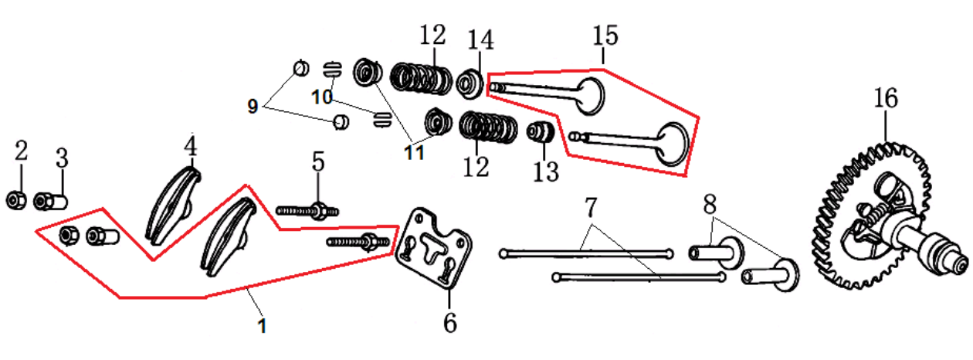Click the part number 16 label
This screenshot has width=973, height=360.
[x=886, y=98]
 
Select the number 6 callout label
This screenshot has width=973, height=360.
[x=449, y=321]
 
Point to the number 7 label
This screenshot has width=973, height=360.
[x=591, y=207]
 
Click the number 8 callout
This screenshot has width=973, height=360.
[x=710, y=204]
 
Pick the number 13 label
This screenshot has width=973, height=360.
[x=546, y=171]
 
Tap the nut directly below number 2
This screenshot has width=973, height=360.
[x=15, y=201]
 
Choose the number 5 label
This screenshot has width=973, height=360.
[x=317, y=161]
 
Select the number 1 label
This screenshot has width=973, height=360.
[x=262, y=326]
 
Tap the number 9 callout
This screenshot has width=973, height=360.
[x=253, y=107]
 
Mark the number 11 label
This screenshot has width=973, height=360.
[x=414, y=153]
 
